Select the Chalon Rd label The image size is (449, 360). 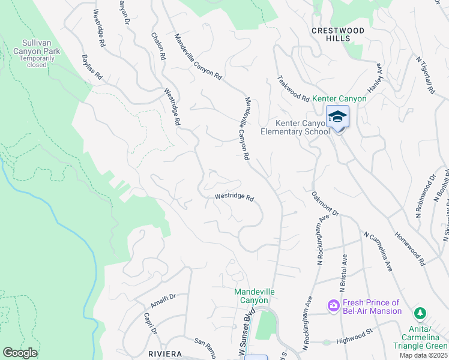159,46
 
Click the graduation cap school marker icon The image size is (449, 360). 337,116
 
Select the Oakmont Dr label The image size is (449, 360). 326,205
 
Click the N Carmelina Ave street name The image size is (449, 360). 378,251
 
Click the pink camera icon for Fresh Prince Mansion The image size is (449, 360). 333,306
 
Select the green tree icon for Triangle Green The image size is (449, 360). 421,313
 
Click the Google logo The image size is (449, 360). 20,353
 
